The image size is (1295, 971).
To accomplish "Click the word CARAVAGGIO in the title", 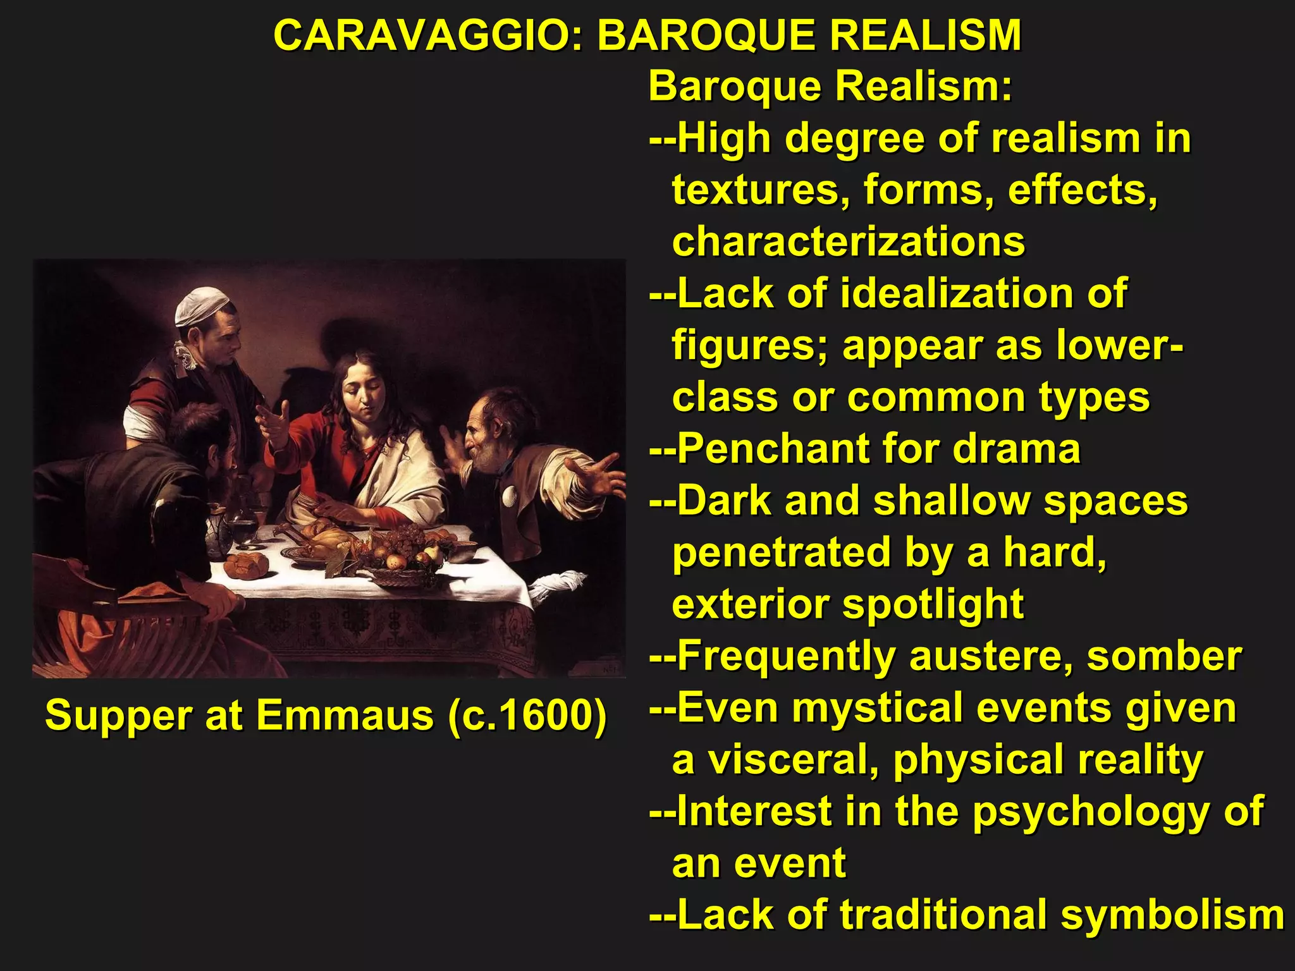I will pyautogui.click(x=424, y=35).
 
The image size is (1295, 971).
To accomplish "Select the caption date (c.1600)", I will pyautogui.click(x=526, y=716).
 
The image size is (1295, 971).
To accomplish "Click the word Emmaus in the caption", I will pyautogui.click(x=345, y=716).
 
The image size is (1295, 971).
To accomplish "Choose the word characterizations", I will pyautogui.click(x=848, y=241).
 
